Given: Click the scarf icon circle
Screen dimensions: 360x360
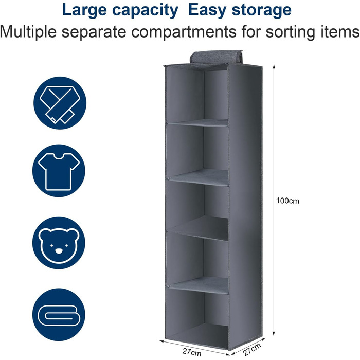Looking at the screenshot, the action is [x=60, y=103].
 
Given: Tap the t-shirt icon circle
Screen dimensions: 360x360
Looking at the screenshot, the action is [x=59, y=171].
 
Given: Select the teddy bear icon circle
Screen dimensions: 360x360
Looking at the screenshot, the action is [x=59, y=243].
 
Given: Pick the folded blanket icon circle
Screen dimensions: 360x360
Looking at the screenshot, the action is [x=59, y=315].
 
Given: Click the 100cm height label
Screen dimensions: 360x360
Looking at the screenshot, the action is [x=287, y=201].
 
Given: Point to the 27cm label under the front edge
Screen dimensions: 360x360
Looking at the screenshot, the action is [x=192, y=352].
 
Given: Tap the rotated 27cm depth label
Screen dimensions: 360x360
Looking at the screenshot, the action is [x=252, y=349].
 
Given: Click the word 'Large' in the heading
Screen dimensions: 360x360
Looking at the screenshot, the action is [x=84, y=10].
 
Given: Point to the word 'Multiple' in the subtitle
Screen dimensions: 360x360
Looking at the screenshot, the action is [x=28, y=32].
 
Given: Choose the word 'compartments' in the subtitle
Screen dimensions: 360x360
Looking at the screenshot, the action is [x=184, y=32].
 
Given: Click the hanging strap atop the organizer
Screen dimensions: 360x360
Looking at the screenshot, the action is [x=216, y=57].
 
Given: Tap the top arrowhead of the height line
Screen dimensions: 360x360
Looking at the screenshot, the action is [x=274, y=67].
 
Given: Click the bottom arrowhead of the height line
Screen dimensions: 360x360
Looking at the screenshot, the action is [x=274, y=334].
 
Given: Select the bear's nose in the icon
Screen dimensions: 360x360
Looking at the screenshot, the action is [x=59, y=251].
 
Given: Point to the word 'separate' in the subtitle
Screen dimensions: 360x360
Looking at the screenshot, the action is [x=94, y=32].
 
